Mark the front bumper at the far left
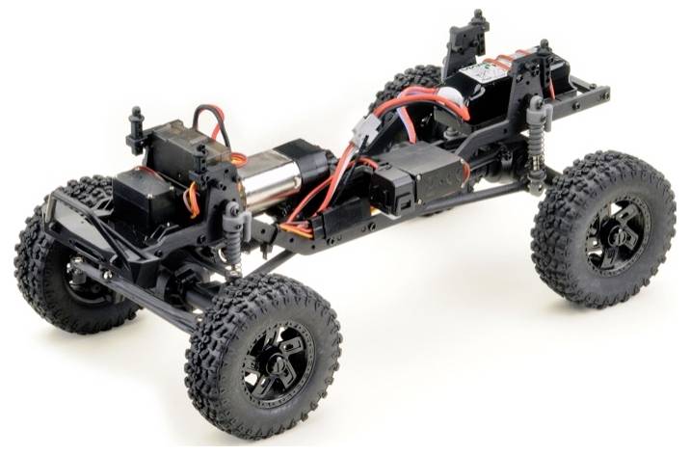(67, 206)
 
